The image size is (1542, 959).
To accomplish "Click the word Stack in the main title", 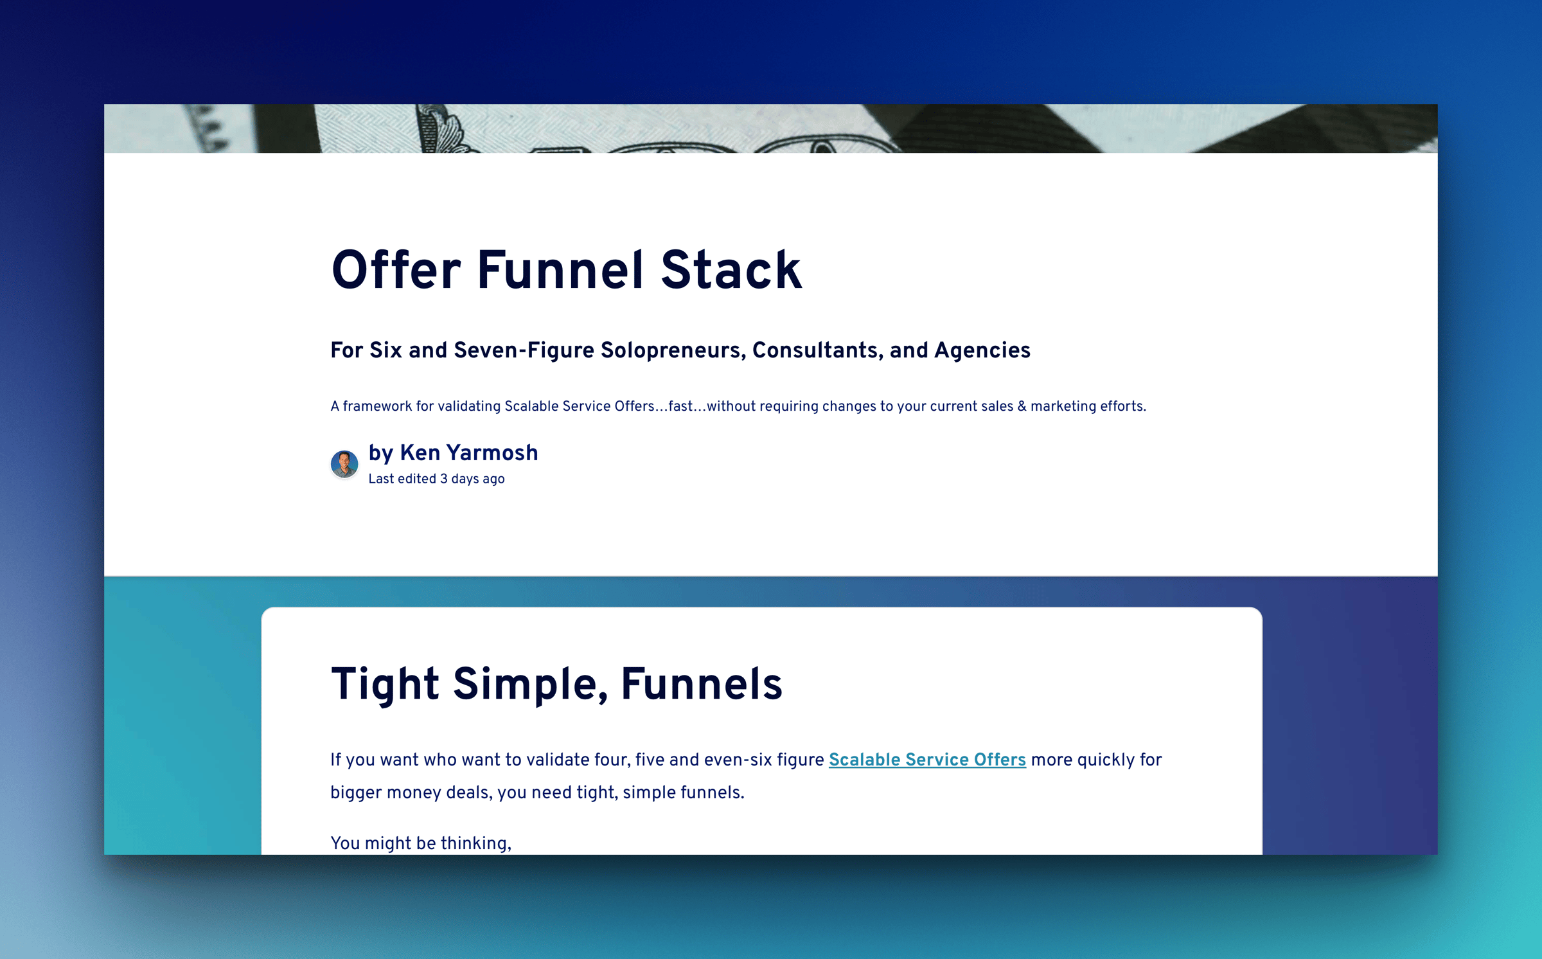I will pyautogui.click(x=731, y=271).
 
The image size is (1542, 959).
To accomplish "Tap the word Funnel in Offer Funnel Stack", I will pyautogui.click(x=560, y=271).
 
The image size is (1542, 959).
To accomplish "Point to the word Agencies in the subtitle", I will pyautogui.click(x=982, y=350).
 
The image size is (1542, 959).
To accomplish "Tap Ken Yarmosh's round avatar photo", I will pyautogui.click(x=344, y=463).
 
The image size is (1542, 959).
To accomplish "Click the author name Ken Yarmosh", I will pyautogui.click(x=468, y=453).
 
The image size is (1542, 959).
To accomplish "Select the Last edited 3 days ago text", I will pyautogui.click(x=436, y=479).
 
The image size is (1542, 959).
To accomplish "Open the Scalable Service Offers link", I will pyautogui.click(x=926, y=760).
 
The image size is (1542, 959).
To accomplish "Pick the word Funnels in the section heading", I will pyautogui.click(x=701, y=684).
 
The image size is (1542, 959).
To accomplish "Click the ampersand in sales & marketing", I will pyautogui.click(x=1022, y=406).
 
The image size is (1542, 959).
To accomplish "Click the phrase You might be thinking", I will pyautogui.click(x=420, y=843).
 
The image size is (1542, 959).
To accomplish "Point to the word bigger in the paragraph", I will pyautogui.click(x=355, y=793).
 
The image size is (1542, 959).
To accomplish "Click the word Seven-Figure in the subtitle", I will pyautogui.click(x=524, y=350).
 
